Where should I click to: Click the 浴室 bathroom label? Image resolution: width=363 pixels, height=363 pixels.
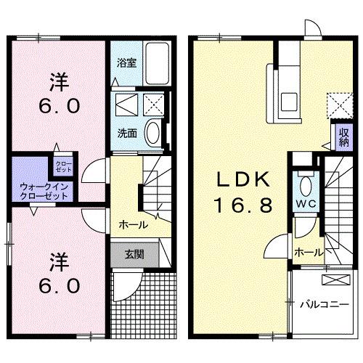126,62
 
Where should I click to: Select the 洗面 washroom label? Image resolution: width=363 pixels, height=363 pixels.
126,133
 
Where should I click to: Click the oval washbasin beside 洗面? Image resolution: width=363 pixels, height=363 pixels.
154,132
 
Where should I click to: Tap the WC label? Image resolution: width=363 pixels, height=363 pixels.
303,203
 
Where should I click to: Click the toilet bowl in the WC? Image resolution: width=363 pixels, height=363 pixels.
303,181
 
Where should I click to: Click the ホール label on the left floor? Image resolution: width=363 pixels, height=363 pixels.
133,224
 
